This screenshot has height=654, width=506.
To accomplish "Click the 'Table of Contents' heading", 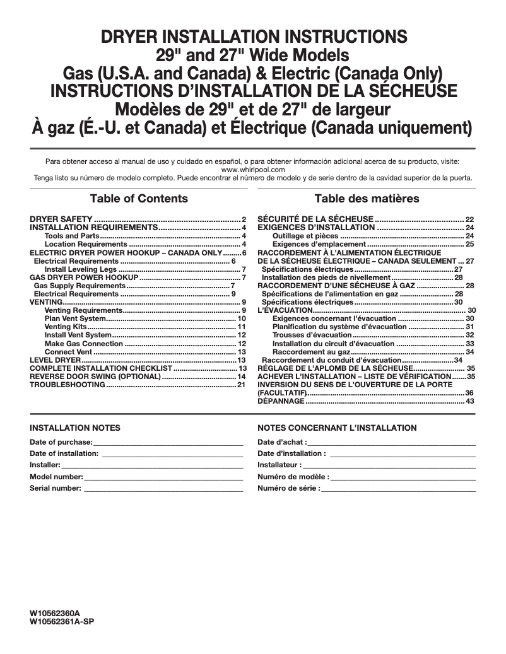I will pos(139,199).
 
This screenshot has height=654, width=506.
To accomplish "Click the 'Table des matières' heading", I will pos(367,199).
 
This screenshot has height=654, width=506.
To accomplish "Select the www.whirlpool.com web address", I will pos(253,170).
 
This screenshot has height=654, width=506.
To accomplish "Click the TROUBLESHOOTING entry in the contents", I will pos(68,385).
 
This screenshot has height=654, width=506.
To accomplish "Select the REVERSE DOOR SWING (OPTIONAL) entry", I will pos(95,377).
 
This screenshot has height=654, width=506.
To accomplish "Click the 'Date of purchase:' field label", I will pos(61,442).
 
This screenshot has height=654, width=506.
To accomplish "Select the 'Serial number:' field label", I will pos(56,488).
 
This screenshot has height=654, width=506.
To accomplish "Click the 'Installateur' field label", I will pos(279,465).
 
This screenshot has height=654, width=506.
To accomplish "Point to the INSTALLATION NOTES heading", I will pos(75,428).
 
